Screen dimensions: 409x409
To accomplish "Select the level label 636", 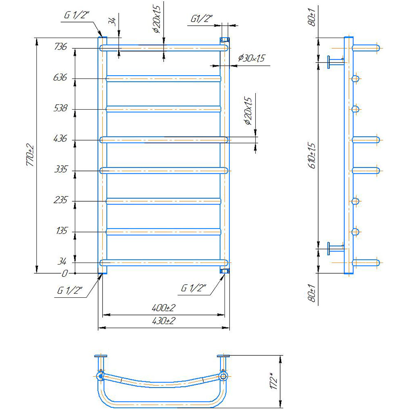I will coord(60,78).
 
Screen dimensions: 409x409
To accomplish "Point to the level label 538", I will coord(60,109).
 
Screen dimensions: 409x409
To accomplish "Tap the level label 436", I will coord(60,140).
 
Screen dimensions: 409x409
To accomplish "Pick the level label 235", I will coord(60,201).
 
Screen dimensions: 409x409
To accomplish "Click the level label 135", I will coord(60,231).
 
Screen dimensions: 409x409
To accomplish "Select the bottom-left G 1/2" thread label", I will coord(70,291).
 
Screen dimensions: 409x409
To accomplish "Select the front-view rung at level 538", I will coord(164,109).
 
